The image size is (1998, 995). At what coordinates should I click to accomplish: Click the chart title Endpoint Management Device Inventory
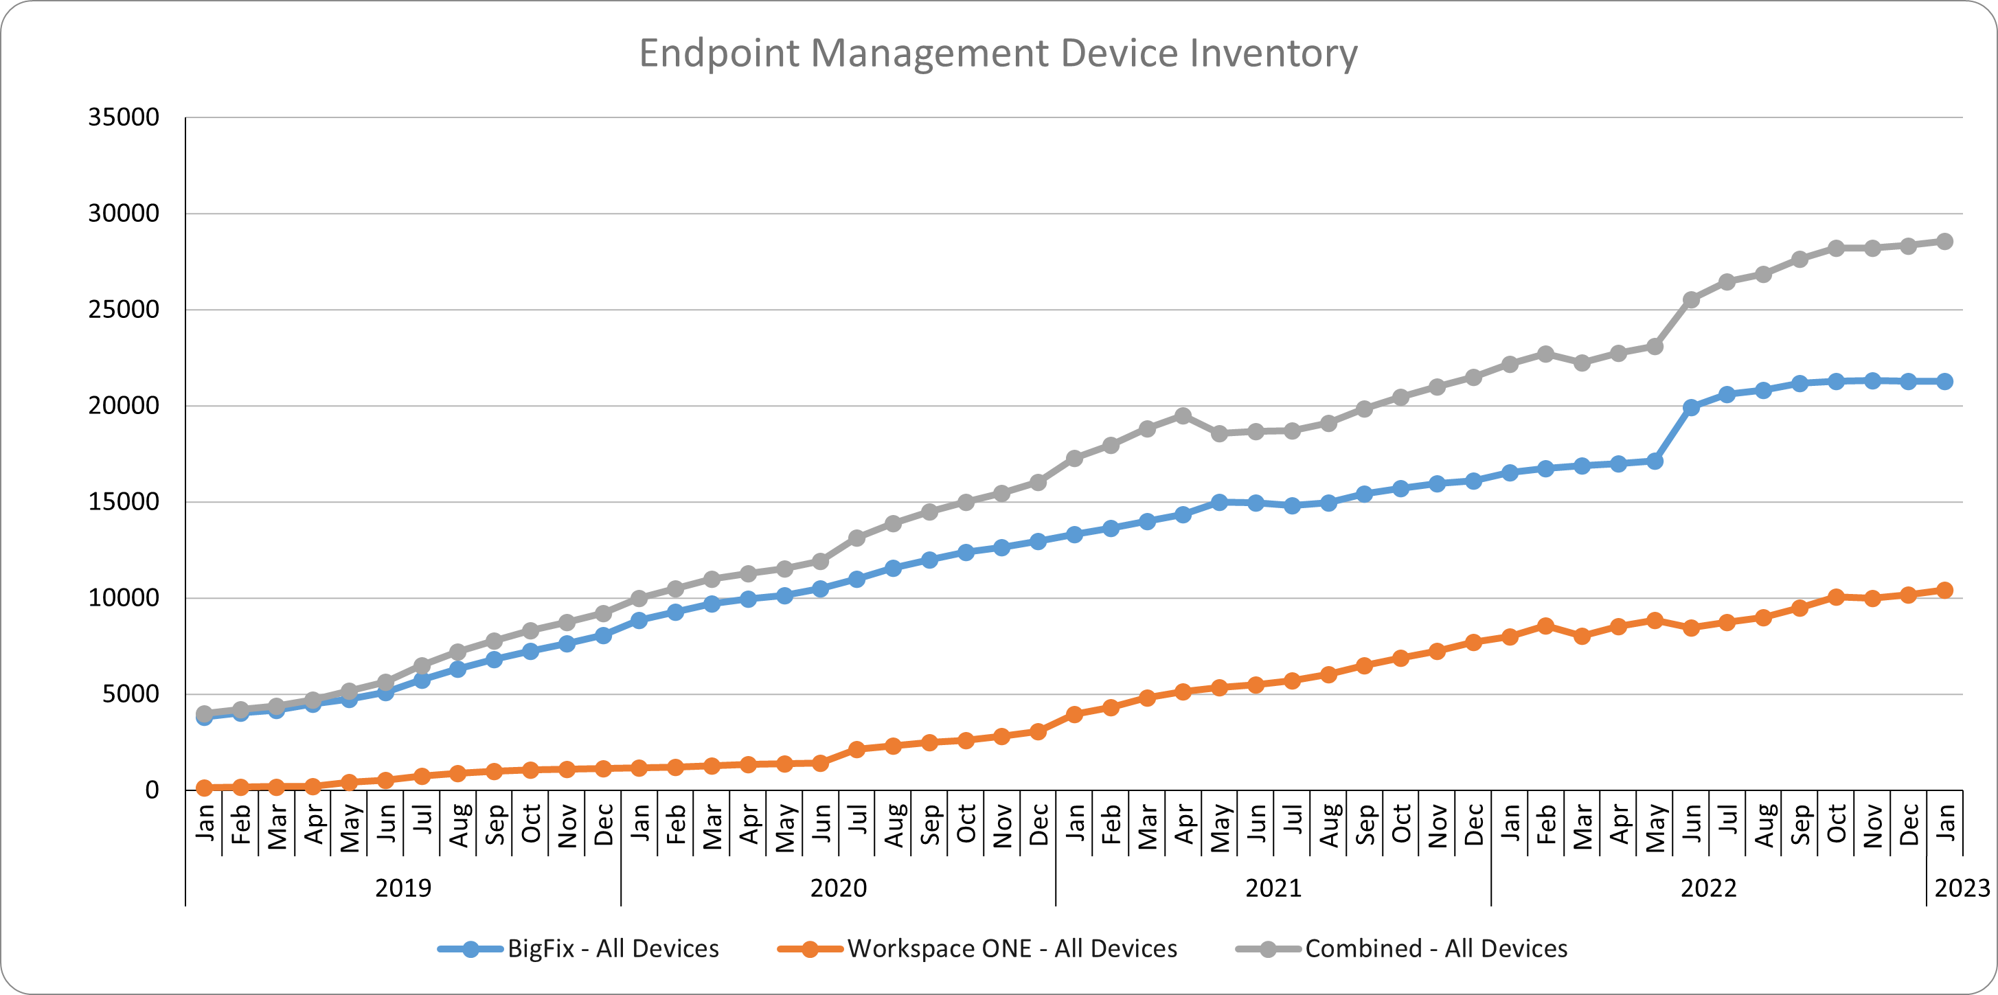pos(998,54)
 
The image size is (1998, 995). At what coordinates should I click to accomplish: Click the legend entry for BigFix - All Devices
pos(613,948)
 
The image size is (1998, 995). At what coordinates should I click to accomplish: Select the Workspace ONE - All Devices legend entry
pos(1012,948)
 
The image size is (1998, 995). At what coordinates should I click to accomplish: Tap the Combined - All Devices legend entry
pos(1435,948)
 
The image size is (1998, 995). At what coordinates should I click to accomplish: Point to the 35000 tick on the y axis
pos(124,117)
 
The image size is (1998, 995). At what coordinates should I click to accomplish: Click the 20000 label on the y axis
pos(124,406)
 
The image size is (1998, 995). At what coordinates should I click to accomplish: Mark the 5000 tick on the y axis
pos(130,694)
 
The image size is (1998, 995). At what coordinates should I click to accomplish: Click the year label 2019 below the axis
pos(403,888)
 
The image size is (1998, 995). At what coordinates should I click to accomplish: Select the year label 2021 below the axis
pos(1273,888)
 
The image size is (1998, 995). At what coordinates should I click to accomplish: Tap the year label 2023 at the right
pos(1962,888)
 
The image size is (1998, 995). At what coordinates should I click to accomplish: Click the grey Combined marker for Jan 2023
pos(1944,242)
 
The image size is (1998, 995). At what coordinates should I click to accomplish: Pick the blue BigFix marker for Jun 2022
pos(1691,407)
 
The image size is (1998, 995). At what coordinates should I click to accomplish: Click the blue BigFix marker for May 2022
pos(1655,461)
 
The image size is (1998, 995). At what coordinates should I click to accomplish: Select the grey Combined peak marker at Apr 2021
pos(1183,416)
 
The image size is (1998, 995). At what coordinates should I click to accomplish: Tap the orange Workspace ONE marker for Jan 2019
pos(204,788)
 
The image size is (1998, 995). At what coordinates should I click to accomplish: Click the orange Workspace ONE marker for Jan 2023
pos(1944,590)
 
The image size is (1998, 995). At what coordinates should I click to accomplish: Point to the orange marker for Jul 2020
pos(857,749)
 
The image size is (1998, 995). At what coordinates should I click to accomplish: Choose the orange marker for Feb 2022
pos(1546,626)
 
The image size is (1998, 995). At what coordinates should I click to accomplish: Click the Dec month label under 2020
pos(1038,825)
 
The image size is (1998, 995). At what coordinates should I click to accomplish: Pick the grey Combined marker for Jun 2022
pos(1691,299)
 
